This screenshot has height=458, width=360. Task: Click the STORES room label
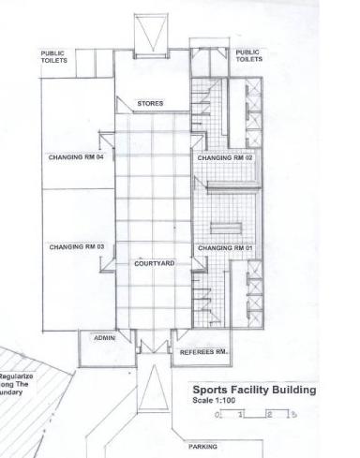coord(150,103)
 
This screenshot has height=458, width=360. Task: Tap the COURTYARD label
coord(155,263)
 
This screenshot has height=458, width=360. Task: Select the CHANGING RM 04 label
coord(76,157)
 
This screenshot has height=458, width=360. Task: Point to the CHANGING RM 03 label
coord(77,247)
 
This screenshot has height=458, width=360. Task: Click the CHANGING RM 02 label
coord(225,158)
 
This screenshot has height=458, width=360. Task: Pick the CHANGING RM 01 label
coord(225,248)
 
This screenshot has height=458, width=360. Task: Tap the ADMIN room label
coord(104,338)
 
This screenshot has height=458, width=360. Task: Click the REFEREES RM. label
coord(203,352)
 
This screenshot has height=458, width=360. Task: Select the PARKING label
coord(202,447)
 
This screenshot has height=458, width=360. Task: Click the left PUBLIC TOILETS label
coord(53,57)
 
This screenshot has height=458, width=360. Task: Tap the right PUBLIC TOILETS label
coord(249,55)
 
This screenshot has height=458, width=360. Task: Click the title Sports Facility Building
coord(254,390)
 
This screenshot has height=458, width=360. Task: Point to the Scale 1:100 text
coord(214,401)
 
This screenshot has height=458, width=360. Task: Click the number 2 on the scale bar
coord(270,415)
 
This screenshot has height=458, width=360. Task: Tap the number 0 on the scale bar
coord(217,415)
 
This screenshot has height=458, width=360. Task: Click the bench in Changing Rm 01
coord(226,229)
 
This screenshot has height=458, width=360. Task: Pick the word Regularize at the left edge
coord(16,377)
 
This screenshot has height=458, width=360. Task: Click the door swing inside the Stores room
coord(125,105)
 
